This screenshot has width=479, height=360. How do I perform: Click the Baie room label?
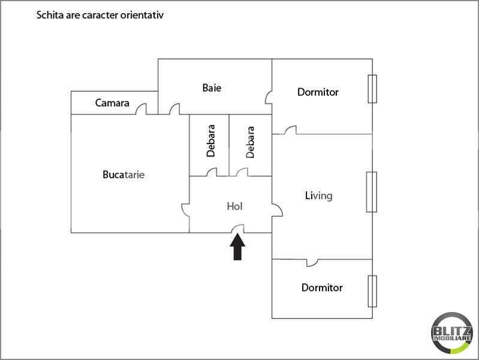pyautogui.click(x=212, y=88)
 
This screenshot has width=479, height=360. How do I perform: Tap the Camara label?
pyautogui.click(x=112, y=103)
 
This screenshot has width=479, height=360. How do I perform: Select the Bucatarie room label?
pyautogui.click(x=124, y=175)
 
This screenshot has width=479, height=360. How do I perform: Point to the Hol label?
pyautogui.click(x=234, y=206)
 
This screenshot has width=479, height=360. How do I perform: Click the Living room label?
pyautogui.click(x=318, y=196)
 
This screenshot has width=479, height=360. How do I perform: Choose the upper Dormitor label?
pyautogui.click(x=318, y=92)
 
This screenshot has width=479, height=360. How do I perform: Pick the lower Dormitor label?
pyautogui.click(x=322, y=288)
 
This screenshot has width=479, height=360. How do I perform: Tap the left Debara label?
pyautogui.click(x=210, y=141)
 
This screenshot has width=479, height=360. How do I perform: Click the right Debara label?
pyautogui.click(x=250, y=141)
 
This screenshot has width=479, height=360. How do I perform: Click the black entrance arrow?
pyautogui.click(x=238, y=246)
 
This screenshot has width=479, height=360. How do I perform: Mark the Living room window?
pyautogui.click(x=372, y=191)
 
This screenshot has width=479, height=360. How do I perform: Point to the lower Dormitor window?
pyautogui.click(x=372, y=291)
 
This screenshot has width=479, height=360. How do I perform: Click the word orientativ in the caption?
pyautogui.click(x=142, y=15)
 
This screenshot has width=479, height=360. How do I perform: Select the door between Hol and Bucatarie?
pyautogui.click(x=186, y=208)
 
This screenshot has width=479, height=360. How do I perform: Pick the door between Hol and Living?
pyautogui.click(x=277, y=210)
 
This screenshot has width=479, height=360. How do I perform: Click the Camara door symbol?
pyautogui.click(x=141, y=109)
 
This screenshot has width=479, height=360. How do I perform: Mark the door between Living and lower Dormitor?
pyautogui.click(x=312, y=262)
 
